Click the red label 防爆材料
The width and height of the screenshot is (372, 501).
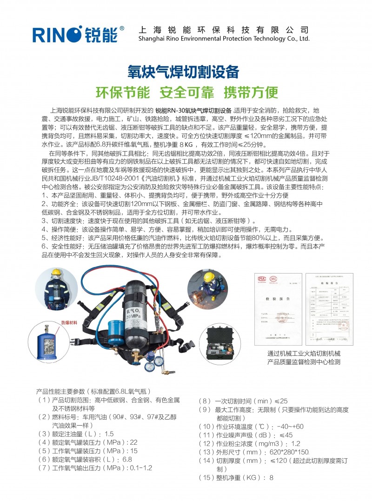pos(71,322)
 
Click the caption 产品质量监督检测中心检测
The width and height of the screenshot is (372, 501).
pos(304,361)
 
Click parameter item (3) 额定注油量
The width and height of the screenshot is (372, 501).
pos(76,434)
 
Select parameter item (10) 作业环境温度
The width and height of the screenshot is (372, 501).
pos(251,427)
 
